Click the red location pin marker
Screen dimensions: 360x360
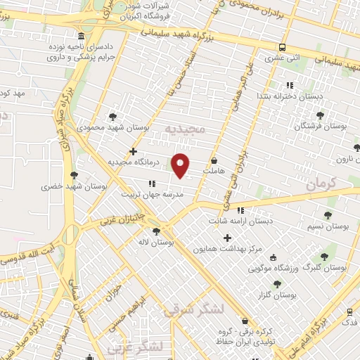click(181, 165)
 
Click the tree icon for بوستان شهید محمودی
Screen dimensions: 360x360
click(112, 117)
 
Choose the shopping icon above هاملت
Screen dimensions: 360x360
click(214, 160)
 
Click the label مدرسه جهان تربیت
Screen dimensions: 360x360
click(146, 194)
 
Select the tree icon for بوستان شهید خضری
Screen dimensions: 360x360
click(74, 176)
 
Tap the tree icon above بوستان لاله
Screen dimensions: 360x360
click(156, 231)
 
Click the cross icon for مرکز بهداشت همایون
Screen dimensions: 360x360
click(227, 238)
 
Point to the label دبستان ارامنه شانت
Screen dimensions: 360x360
click(240, 221)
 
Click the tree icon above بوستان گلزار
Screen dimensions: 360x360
click(277, 284)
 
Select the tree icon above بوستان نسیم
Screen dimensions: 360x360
click(328, 215)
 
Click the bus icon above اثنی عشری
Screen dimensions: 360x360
click(281, 47)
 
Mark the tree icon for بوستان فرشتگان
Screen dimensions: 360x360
click(321, 115)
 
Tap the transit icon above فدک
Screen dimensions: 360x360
click(349, 311)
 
